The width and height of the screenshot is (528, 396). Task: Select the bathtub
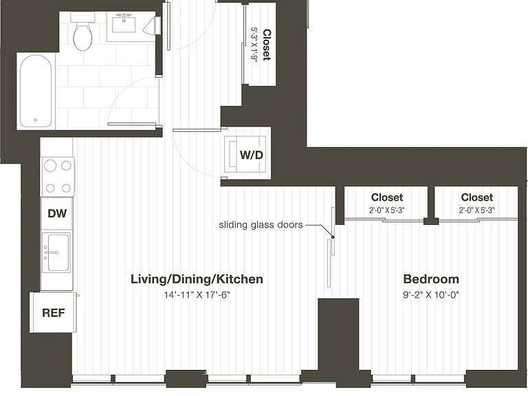tap(36, 91)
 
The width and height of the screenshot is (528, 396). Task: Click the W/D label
tap(251, 155)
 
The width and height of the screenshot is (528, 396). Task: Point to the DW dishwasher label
tap(57, 213)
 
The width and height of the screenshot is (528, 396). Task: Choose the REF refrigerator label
tap(53, 313)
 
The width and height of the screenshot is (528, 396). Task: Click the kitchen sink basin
tap(58, 252)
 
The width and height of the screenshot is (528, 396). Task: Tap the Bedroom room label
tap(431, 279)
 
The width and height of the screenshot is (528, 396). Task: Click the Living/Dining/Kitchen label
tap(197, 279)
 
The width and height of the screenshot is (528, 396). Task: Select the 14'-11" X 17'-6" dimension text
tap(197, 295)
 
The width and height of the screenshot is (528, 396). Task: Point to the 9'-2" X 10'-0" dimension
tap(431, 295)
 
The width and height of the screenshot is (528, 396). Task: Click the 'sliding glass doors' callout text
tap(261, 225)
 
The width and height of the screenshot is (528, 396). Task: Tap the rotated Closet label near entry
tap(267, 45)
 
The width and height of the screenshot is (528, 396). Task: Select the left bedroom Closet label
tap(387, 197)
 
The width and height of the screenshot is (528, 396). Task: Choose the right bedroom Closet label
tap(477, 197)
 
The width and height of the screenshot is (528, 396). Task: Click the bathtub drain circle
tap(35, 120)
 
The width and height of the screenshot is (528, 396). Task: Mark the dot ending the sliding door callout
tap(333, 237)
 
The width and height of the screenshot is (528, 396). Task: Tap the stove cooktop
tap(58, 177)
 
